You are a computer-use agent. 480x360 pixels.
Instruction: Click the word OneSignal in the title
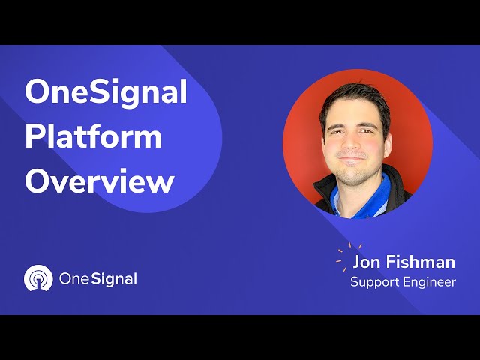click(x=106, y=92)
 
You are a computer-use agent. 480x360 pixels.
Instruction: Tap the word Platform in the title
click(x=94, y=137)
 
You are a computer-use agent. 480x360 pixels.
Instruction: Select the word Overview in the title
click(x=100, y=182)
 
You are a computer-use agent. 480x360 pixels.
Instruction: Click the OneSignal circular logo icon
click(x=38, y=278)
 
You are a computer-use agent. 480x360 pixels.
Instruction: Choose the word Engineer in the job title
click(x=431, y=282)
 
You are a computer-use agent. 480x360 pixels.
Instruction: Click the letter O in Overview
click(x=39, y=182)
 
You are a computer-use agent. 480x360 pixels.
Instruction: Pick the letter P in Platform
click(x=36, y=137)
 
